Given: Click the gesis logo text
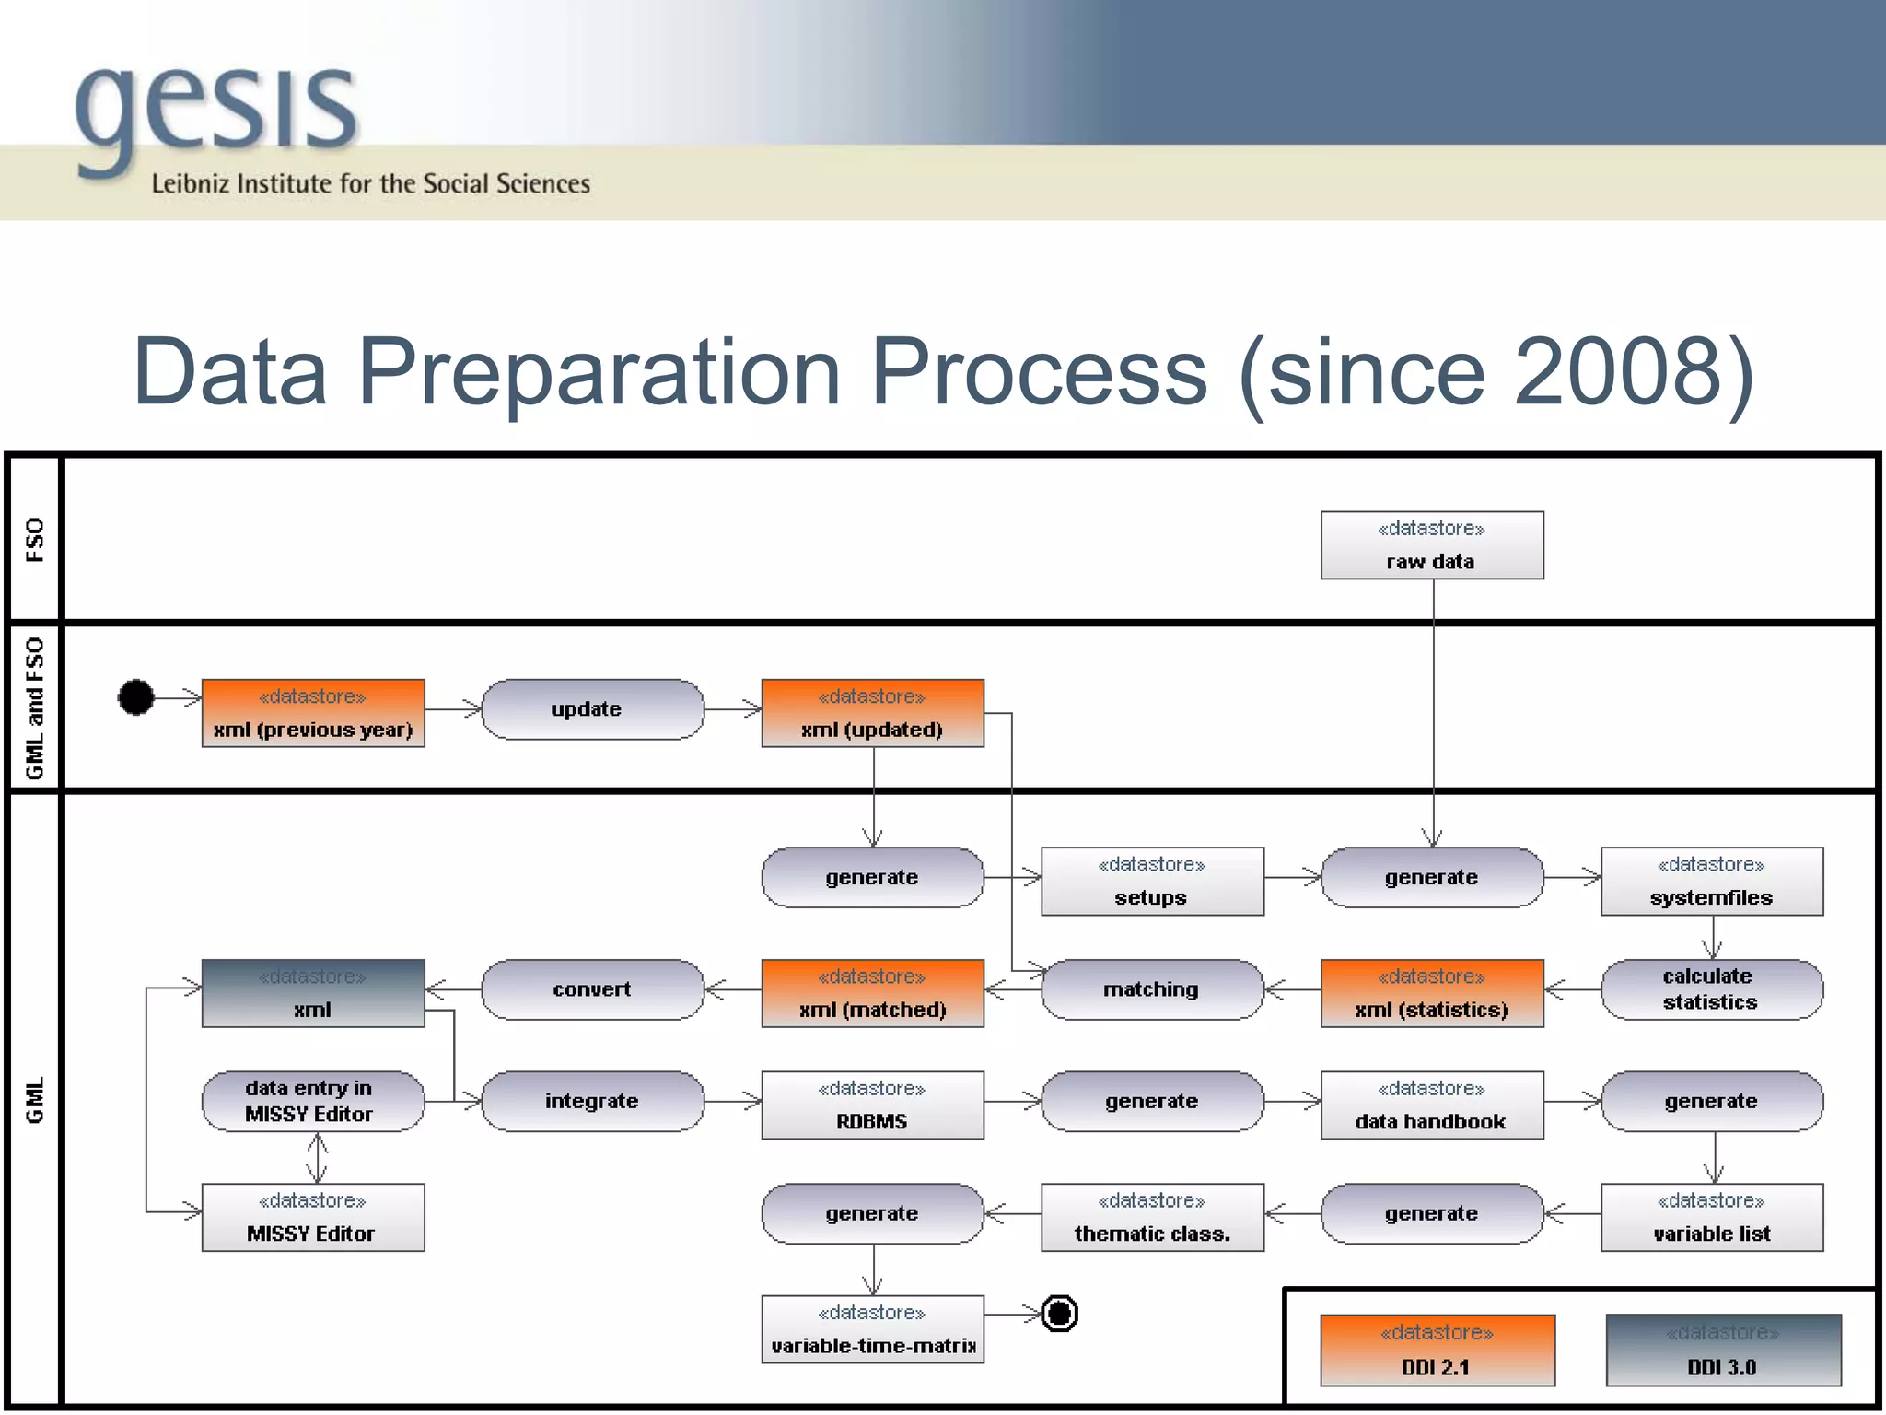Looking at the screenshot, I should coord(216,111).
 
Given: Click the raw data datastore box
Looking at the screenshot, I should coord(1431,545).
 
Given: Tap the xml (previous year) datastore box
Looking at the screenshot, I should coord(313,713).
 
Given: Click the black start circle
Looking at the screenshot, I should coord(136,697).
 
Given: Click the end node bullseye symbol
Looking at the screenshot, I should coord(1059,1313).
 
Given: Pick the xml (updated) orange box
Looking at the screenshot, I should coord(872,713).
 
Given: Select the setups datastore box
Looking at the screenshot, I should coord(1151,882).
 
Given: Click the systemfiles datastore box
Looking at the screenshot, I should coord(1711,882).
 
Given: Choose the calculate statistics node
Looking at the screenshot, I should coord(1711,989).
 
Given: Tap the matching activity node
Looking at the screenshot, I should coord(1151,989).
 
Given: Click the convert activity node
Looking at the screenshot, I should coord(592,989).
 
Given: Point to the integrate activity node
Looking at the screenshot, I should coord(592,1101).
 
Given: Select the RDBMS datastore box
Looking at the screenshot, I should coord(872,1105).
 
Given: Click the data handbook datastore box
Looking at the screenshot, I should coord(1431,1105).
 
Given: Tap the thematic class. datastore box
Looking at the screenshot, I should coord(1151,1217).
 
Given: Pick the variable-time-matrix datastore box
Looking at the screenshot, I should coord(872,1329).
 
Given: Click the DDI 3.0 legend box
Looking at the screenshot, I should coord(1722,1350).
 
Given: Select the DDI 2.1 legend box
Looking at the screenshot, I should coord(1437,1350).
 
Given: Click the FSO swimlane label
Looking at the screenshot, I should coord(34,539).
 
